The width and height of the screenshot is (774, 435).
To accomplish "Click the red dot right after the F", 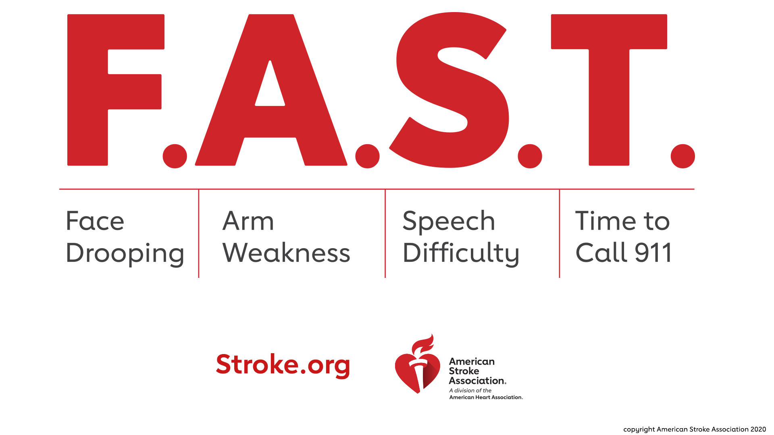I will coord(175,156).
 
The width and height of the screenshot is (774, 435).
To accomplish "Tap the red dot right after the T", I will coord(682,156).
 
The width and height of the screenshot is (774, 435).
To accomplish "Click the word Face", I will coord(95,221).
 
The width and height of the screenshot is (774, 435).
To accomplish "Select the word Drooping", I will coord(125,254).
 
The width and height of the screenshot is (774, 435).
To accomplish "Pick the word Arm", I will coord(248,221).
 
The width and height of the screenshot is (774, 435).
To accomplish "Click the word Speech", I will coord(449,222).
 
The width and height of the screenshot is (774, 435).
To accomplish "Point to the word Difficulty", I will coord(461,254).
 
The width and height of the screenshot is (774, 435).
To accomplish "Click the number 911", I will coord(653,253).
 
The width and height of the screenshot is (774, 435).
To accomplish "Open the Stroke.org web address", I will coord(283,365).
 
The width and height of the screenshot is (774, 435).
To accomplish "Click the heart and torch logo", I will coord(417,371).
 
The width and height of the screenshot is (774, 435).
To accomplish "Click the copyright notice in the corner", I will coord(694,429).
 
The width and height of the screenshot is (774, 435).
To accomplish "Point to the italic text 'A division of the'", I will coord(470,390).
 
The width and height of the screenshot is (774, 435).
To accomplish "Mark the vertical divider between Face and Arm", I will coord(199,234).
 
